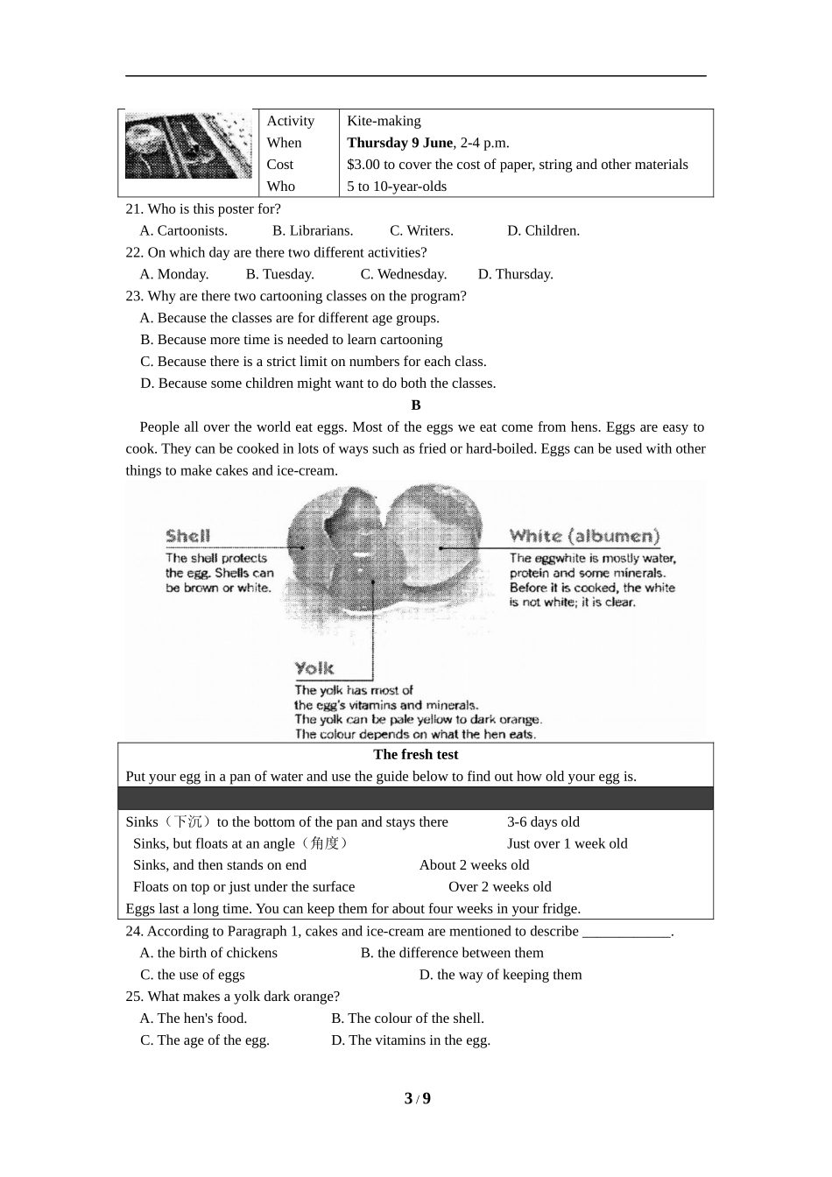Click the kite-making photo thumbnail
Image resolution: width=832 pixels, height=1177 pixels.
[x=188, y=145]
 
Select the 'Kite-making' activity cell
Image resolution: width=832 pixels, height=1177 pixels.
[x=384, y=121]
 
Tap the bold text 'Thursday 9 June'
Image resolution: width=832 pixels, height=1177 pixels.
[x=399, y=143]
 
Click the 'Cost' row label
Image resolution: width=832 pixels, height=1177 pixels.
[x=280, y=165]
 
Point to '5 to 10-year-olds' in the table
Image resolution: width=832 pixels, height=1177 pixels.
[x=397, y=187]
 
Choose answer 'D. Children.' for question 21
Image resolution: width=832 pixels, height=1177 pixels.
[x=543, y=231]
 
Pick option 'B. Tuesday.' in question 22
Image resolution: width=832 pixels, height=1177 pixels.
[x=279, y=274]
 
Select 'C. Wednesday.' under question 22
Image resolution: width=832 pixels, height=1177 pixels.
[x=404, y=274]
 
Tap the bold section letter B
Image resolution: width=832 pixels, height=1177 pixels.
[x=416, y=405]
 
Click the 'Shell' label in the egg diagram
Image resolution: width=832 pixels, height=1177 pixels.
[x=188, y=536]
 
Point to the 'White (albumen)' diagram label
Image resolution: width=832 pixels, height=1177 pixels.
[x=584, y=536]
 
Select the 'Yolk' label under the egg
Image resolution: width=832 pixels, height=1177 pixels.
[x=314, y=669]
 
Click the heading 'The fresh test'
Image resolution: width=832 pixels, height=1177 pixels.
[x=415, y=755]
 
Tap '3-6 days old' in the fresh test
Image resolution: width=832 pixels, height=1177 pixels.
[x=543, y=822]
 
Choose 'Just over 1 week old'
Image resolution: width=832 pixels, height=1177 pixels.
[x=567, y=844]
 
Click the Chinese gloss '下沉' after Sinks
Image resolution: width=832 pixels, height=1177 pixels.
[x=187, y=822]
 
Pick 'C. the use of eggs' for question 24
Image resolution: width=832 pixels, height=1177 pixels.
[x=193, y=975]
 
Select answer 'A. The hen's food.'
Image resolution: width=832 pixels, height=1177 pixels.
[x=194, y=1018]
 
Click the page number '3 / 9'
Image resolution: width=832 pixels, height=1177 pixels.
[x=417, y=1099]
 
